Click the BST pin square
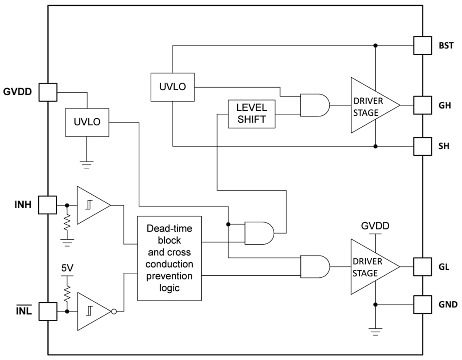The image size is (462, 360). point(423,45)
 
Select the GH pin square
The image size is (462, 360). point(423,105)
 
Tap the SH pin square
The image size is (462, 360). point(423,146)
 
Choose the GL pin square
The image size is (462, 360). point(423,266)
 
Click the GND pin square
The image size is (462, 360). point(423,304)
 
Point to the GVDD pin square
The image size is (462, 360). point(47,92)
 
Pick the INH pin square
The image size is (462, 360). point(47,205)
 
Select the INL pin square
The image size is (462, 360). point(47,311)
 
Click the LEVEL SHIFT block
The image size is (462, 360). point(252,114)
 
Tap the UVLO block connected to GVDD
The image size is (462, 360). point(87,122)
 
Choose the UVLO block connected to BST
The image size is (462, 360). point(173,87)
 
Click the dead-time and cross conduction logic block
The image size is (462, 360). point(170,258)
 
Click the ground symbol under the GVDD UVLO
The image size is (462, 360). point(87,164)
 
